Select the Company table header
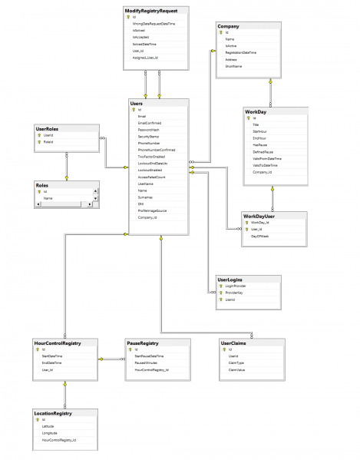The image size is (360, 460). point(229,27)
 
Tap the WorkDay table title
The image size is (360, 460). point(255,111)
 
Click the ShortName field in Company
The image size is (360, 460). point(234,67)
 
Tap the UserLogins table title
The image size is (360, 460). point(230,280)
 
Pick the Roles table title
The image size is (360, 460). point(43,184)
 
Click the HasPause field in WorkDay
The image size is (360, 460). point(259,144)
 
